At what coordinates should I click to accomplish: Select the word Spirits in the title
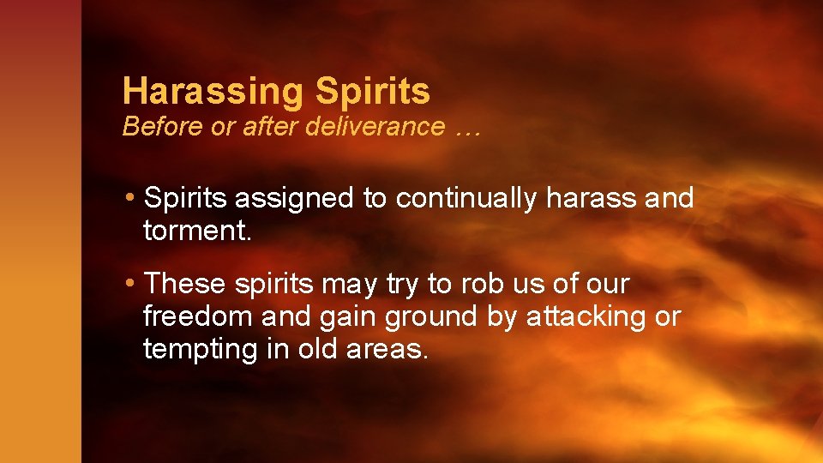(x=373, y=90)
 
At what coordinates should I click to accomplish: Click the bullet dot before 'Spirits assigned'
(x=129, y=199)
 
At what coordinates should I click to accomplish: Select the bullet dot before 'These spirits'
(x=129, y=283)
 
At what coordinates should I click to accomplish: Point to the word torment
(x=197, y=231)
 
